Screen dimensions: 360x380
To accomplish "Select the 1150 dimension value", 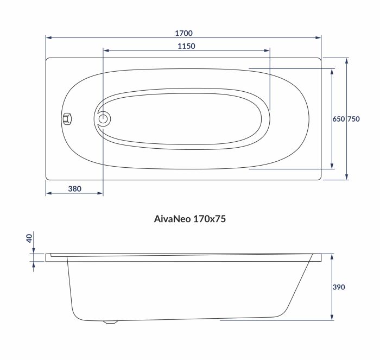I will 186,46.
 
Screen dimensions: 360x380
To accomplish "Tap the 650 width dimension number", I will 338,119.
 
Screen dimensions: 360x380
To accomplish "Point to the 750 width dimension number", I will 353,119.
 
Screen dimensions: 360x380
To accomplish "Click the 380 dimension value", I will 74,188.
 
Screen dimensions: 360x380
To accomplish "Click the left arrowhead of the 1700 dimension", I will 48,38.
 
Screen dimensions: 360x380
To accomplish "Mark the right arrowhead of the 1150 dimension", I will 267,51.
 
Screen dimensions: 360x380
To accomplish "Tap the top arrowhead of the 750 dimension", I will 347,60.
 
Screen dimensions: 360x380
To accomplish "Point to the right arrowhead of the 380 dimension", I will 100,193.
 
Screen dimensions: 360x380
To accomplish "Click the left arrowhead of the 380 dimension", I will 48,193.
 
